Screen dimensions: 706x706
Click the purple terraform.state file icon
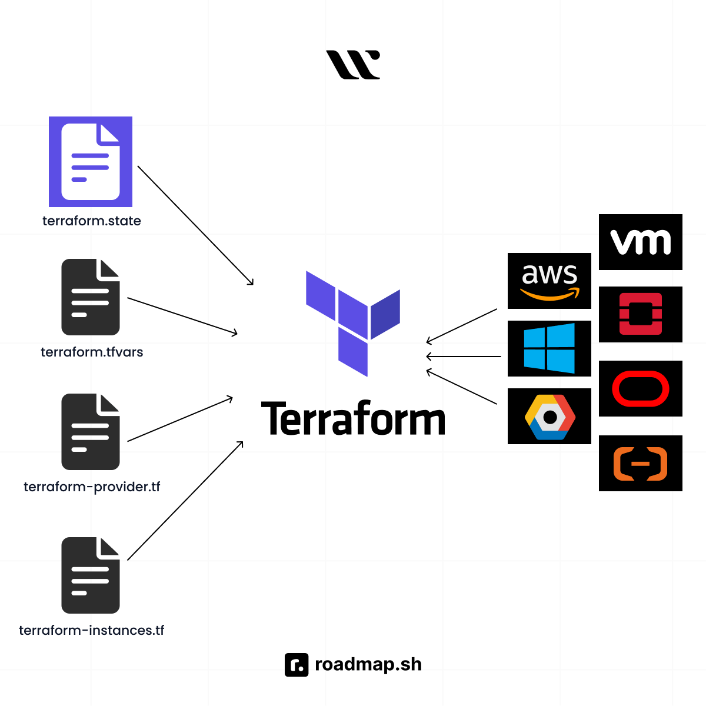pos(91,162)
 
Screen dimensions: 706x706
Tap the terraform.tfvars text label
pos(92,352)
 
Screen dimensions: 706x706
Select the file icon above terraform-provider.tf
pos(91,432)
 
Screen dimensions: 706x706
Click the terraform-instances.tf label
pos(92,630)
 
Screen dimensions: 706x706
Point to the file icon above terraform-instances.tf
pos(91,575)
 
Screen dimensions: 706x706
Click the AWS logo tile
pos(550,281)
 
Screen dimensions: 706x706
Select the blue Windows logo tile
pos(550,348)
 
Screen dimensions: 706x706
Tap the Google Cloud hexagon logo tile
pos(550,416)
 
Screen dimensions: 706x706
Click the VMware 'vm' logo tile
pos(641,242)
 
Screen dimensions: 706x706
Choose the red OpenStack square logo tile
pos(641,314)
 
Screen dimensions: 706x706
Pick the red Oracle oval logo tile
pos(641,389)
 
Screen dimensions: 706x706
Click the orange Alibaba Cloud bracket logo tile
pos(641,464)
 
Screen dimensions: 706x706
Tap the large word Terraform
pos(353,419)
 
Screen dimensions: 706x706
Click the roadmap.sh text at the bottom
pos(368,664)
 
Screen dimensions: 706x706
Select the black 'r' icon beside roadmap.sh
pos(297,665)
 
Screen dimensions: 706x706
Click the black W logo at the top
pos(353,64)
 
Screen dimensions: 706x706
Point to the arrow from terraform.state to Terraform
pos(195,225)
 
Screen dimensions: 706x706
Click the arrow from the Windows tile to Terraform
pos(464,357)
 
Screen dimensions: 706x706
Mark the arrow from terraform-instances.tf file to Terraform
pos(185,501)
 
